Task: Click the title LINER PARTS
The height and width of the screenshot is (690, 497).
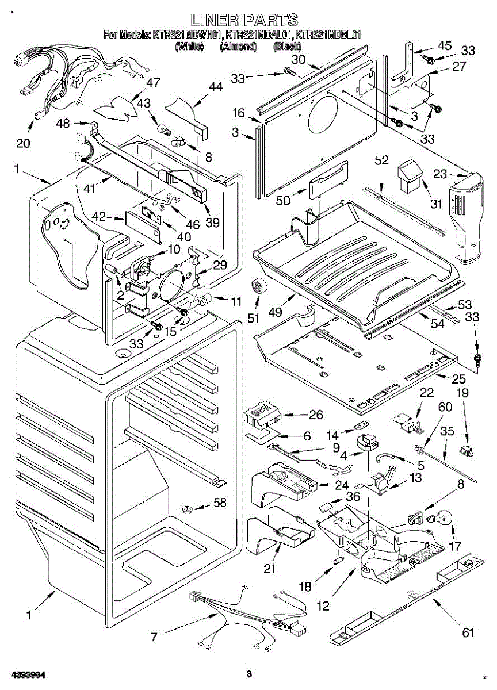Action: [x=244, y=20]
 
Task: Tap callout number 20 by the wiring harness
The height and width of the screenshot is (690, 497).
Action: [x=23, y=143]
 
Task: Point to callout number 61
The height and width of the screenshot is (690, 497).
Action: [x=468, y=632]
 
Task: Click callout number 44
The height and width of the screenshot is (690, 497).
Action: [x=215, y=87]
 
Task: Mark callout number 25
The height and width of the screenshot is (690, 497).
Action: [x=442, y=379]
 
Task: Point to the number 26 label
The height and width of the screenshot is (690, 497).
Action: [x=316, y=415]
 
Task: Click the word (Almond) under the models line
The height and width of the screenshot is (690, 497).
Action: [x=238, y=47]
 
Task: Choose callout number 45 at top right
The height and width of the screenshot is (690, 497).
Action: [x=445, y=45]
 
